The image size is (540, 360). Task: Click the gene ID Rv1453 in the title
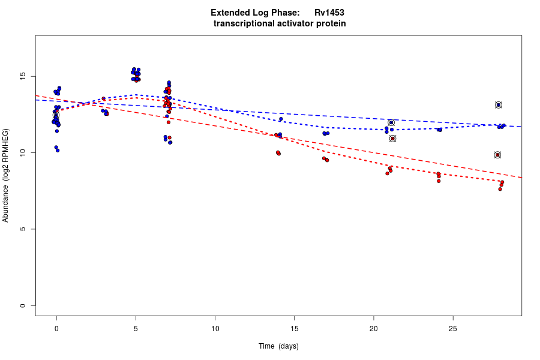pos(329,13)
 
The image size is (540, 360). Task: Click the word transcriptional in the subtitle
pos(242,23)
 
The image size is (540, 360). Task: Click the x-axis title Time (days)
pos(278,346)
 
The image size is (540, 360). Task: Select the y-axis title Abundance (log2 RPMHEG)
pos(6,175)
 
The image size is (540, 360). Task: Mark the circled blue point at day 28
pos(498,105)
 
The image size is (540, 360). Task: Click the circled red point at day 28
pos(497,155)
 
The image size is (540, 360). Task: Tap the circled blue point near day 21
pos(391,122)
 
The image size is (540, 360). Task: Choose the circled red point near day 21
pos(392,139)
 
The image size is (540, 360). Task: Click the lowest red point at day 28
pos(500,189)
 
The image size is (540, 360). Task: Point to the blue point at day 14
pos(281,119)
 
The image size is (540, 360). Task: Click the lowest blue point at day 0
pos(58,150)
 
